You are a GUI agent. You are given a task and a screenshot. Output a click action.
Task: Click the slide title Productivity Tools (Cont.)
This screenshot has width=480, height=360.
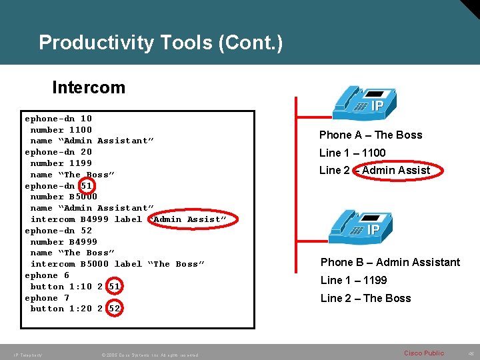161,43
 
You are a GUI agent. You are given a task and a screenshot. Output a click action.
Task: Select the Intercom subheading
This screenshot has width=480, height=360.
88,87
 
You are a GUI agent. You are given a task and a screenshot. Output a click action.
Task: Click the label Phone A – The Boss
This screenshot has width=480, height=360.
371,135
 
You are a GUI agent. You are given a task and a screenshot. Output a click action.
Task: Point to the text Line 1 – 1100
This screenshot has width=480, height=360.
352,153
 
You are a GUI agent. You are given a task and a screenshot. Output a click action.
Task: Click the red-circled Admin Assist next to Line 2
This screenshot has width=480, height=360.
396,171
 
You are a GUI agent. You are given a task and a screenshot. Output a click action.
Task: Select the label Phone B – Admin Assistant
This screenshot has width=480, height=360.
390,262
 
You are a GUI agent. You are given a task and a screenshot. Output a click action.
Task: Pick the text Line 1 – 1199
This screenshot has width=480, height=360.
353,280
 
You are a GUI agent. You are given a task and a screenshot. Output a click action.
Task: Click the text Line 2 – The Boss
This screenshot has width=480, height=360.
365,298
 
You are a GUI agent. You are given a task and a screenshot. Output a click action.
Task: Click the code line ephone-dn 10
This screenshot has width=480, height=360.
58,119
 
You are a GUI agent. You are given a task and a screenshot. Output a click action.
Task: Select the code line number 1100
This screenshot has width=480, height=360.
61,130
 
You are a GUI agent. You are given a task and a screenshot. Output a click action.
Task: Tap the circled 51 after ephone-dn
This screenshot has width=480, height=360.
86,186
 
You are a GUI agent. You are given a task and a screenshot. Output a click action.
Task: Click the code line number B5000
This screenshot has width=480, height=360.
63,197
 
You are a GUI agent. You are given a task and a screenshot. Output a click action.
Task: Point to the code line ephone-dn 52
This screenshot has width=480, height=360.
58,231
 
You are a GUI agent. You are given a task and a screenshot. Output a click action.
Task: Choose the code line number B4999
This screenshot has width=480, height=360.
63,242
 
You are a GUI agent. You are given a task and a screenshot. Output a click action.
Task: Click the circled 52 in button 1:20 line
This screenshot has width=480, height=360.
114,309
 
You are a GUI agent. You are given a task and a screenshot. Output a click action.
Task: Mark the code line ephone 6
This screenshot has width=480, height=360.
47,275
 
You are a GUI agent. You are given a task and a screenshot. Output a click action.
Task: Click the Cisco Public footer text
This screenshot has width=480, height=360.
424,353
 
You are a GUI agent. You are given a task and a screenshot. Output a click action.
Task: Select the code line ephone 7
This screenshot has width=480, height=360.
47,298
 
